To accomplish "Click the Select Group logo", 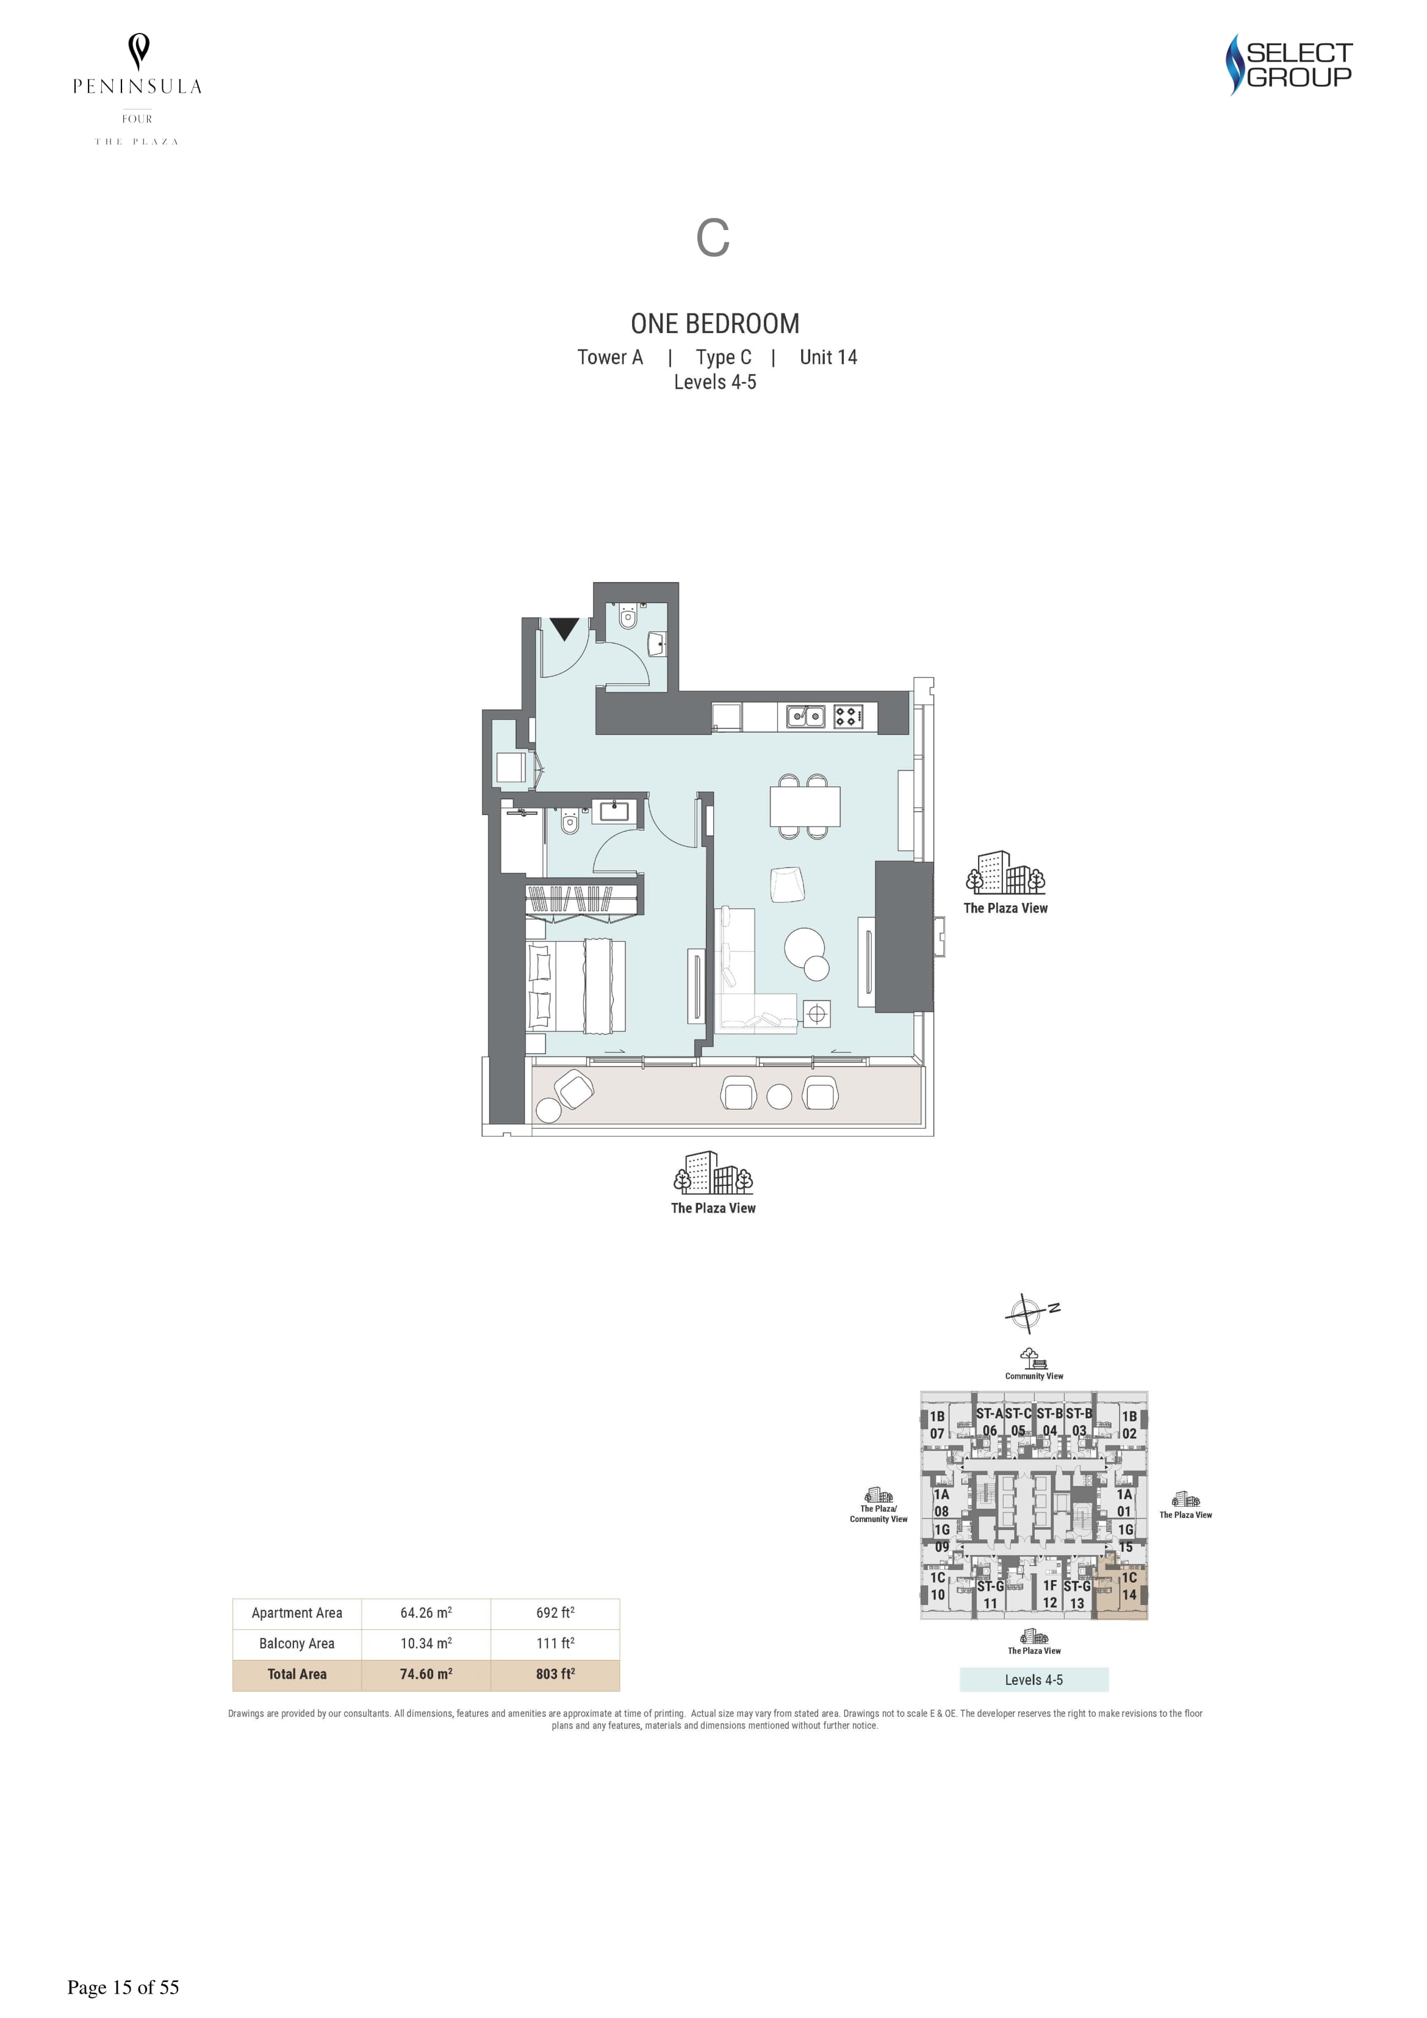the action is pos(1289,64).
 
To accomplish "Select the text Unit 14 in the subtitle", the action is pos(829,357).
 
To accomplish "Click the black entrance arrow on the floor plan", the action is pos(564,628).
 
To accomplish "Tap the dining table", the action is pos(805,806).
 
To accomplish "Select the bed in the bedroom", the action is pos(576,985).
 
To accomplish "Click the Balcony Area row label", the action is pos(297,1643).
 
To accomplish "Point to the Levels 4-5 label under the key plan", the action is pos(1034,1679).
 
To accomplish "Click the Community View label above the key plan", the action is pos(1034,1376).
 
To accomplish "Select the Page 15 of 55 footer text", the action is pos(123,1987).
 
